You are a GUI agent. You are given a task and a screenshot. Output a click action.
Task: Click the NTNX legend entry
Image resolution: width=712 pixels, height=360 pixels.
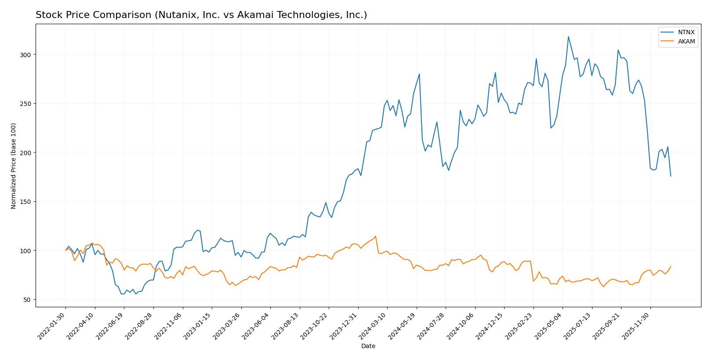pos(686,33)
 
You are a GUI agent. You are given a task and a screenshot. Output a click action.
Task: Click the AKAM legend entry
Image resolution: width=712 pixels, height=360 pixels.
pos(686,42)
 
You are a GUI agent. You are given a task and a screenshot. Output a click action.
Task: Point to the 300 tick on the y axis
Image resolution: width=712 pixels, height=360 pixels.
pos(25,55)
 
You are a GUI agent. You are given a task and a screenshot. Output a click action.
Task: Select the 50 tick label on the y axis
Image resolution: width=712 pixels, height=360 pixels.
pos(27,300)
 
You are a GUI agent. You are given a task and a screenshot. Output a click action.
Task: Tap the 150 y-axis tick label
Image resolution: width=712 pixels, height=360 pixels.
pos(25,202)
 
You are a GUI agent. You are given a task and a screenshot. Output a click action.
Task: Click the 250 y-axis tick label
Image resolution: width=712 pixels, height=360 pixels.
pos(25,104)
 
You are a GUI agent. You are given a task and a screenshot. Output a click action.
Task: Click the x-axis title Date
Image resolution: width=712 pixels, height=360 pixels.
pos(368,346)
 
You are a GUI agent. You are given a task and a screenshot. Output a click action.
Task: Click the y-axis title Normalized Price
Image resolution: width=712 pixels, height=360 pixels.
pos(14,166)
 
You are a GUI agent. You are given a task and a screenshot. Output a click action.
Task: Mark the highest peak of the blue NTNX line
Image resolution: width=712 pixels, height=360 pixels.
pos(568,36)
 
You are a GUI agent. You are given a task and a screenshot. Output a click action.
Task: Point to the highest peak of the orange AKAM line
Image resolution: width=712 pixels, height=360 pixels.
pos(375,236)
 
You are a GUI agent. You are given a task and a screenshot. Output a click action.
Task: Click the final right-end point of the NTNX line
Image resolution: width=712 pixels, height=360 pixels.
pos(671,176)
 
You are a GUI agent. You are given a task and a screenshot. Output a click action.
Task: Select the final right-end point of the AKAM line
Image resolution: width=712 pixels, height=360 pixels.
pos(671,266)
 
